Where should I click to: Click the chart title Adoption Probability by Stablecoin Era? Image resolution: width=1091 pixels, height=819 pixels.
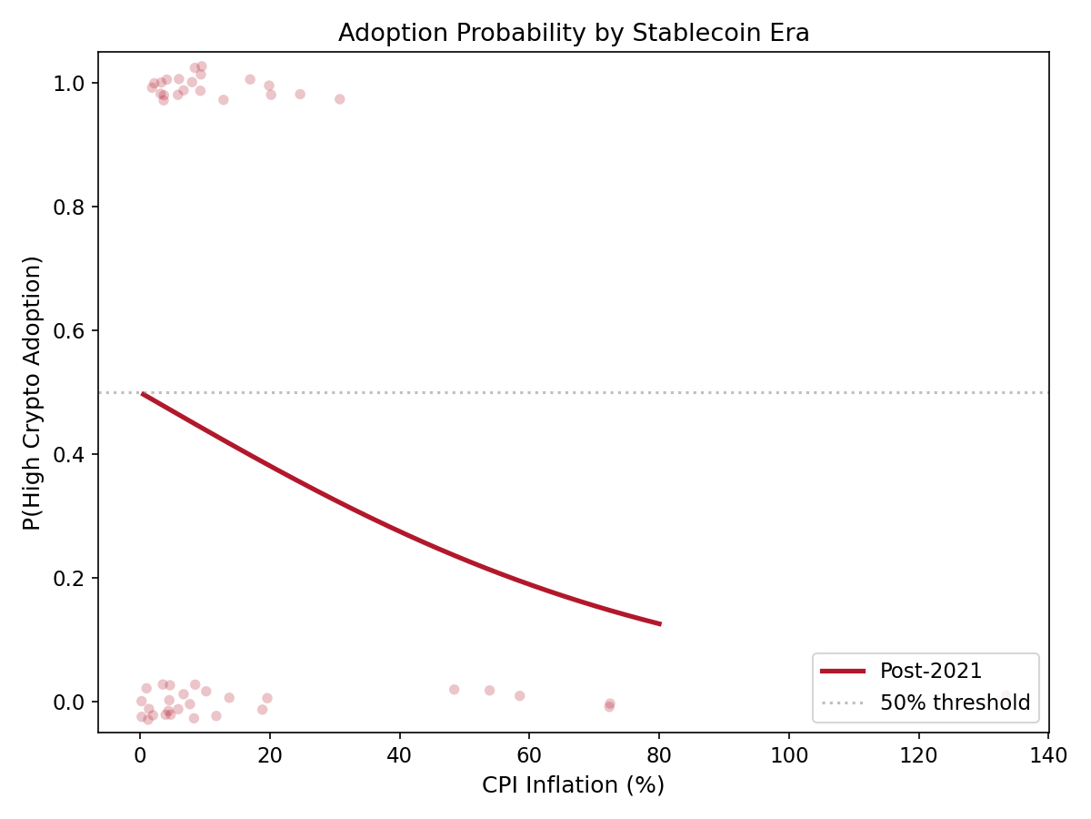[574, 34]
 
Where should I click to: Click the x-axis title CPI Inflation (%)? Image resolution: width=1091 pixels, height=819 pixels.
[574, 784]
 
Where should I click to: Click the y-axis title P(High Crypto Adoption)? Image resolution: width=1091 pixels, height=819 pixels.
[33, 392]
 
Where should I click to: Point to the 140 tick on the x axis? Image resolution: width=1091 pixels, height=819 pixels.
[1048, 733]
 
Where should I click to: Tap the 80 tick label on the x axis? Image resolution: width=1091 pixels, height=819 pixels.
[659, 755]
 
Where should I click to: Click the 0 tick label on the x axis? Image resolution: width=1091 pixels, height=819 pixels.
[140, 755]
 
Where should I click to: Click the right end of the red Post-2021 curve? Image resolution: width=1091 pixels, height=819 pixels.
[660, 624]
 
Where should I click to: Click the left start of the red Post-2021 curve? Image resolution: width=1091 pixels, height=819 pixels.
[142, 393]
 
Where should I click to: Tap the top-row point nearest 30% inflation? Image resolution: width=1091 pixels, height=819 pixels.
[339, 99]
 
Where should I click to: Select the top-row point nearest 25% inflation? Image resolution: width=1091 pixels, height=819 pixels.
[299, 94]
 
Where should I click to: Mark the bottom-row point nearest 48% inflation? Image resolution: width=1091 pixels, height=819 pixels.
[454, 690]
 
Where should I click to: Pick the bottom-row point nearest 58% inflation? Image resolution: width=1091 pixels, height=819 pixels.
[519, 696]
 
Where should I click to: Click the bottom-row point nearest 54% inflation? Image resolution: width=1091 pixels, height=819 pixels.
[489, 691]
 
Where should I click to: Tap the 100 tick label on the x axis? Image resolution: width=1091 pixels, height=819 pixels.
[788, 755]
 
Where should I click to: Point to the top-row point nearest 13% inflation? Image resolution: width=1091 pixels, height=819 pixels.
[223, 100]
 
